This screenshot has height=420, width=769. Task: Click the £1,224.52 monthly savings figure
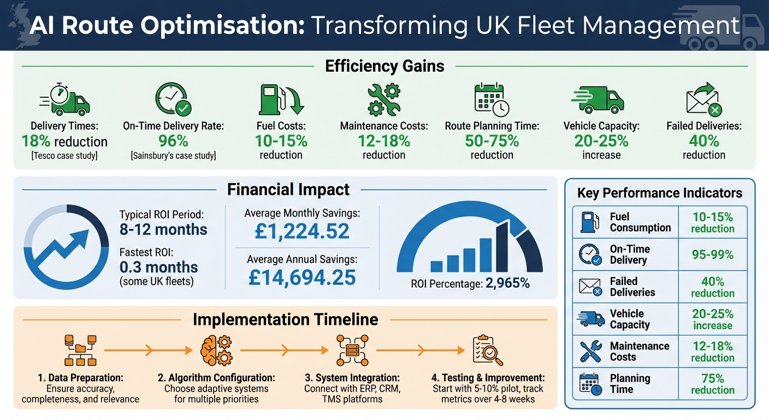[x=302, y=231]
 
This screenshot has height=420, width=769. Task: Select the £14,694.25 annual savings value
[x=302, y=278]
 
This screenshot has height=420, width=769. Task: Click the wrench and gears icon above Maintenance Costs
[x=383, y=100]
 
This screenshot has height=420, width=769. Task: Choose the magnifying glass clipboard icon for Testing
[x=487, y=351]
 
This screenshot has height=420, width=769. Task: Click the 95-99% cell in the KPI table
[x=712, y=255]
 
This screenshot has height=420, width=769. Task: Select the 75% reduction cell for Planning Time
[x=712, y=384]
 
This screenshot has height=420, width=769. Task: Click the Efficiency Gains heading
[x=384, y=66]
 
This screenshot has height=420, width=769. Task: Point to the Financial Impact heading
[x=288, y=190]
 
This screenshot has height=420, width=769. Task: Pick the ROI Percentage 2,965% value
[x=507, y=284]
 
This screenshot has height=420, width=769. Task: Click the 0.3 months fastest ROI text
[x=159, y=267]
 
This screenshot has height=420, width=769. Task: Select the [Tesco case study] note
[x=64, y=156]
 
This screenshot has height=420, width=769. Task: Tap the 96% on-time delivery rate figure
[x=173, y=141]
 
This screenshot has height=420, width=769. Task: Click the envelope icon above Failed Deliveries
[x=703, y=100]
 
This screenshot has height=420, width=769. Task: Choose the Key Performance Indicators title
[x=660, y=193]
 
